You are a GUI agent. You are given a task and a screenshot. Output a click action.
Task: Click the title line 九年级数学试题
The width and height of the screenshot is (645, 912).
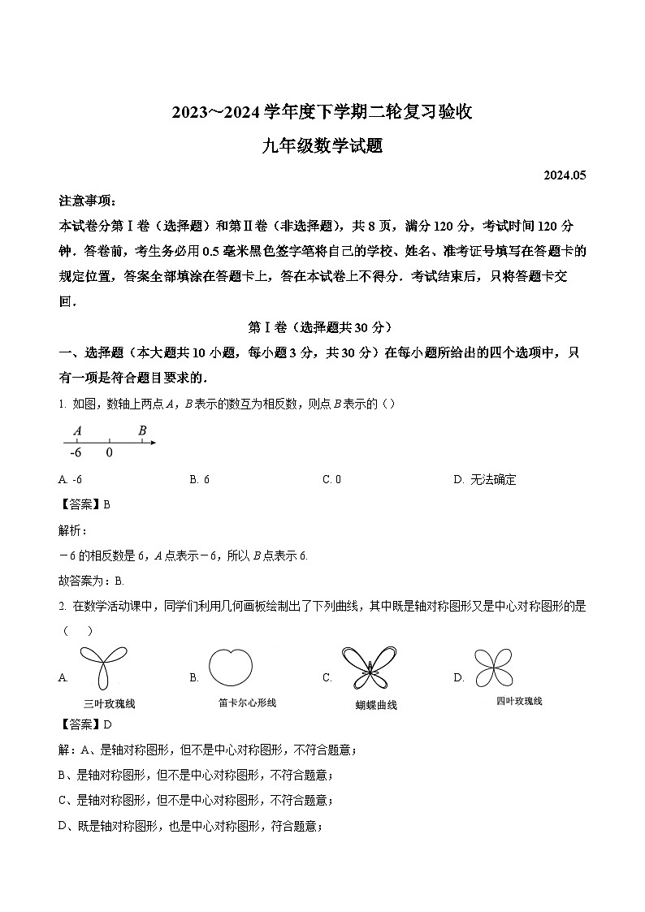coord(322,146)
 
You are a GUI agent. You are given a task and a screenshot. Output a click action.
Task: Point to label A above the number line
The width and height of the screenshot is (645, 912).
coord(77,430)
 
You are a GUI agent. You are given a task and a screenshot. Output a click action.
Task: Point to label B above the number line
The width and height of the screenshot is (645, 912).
coord(142,430)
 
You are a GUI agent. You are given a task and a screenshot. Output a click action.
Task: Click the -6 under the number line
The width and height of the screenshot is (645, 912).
coord(76,453)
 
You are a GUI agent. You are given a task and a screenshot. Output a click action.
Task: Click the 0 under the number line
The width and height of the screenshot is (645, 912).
coord(109,453)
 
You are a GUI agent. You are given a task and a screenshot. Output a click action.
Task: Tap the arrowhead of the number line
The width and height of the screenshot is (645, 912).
coord(152,443)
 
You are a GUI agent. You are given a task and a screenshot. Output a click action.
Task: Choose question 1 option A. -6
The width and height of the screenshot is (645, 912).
coord(71,479)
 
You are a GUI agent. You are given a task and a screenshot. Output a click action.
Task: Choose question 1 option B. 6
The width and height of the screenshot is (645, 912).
coord(200,479)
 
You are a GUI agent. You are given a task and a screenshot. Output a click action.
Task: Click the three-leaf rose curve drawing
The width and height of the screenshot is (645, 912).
coord(103,668)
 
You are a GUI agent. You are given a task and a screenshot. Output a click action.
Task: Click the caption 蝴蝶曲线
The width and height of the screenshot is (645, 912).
coord(376,705)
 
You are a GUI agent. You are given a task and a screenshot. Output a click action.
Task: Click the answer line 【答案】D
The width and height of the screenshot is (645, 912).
coord(86,724)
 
